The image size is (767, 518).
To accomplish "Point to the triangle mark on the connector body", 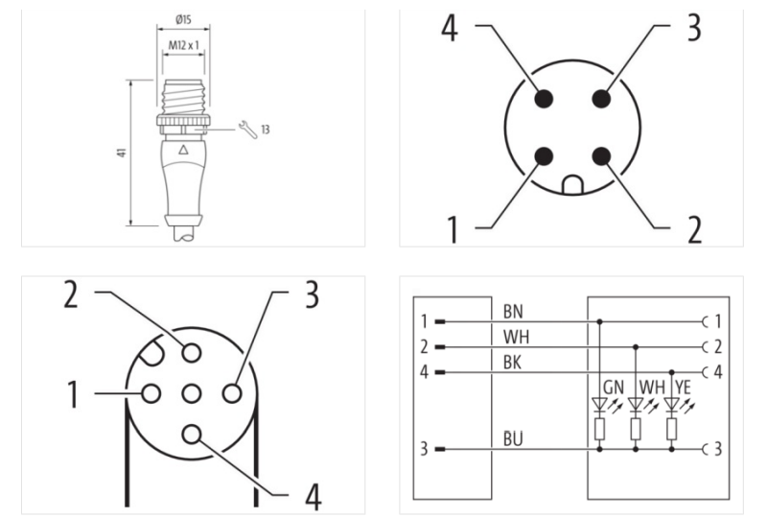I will (184, 151).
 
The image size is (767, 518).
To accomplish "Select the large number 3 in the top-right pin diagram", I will (689, 29).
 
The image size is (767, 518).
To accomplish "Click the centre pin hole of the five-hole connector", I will (191, 393).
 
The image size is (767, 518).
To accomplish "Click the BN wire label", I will (511, 312).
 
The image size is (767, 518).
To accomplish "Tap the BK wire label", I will (511, 363).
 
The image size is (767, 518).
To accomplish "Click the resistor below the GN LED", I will (600, 429).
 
